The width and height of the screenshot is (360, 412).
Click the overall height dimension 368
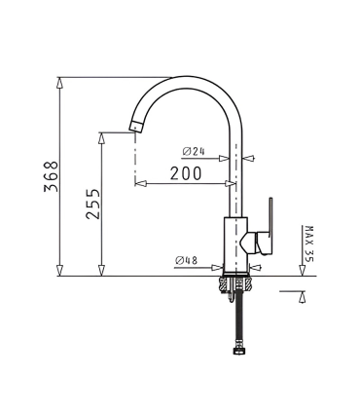pyautogui.click(x=51, y=176)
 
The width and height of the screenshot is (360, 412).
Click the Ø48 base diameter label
pyautogui.click(x=188, y=260)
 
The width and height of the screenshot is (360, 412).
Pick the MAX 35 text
pyautogui.click(x=309, y=243)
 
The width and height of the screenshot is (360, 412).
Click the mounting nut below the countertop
pyautogui.click(x=235, y=284)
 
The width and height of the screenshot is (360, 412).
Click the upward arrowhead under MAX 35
pyautogui.click(x=304, y=295)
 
